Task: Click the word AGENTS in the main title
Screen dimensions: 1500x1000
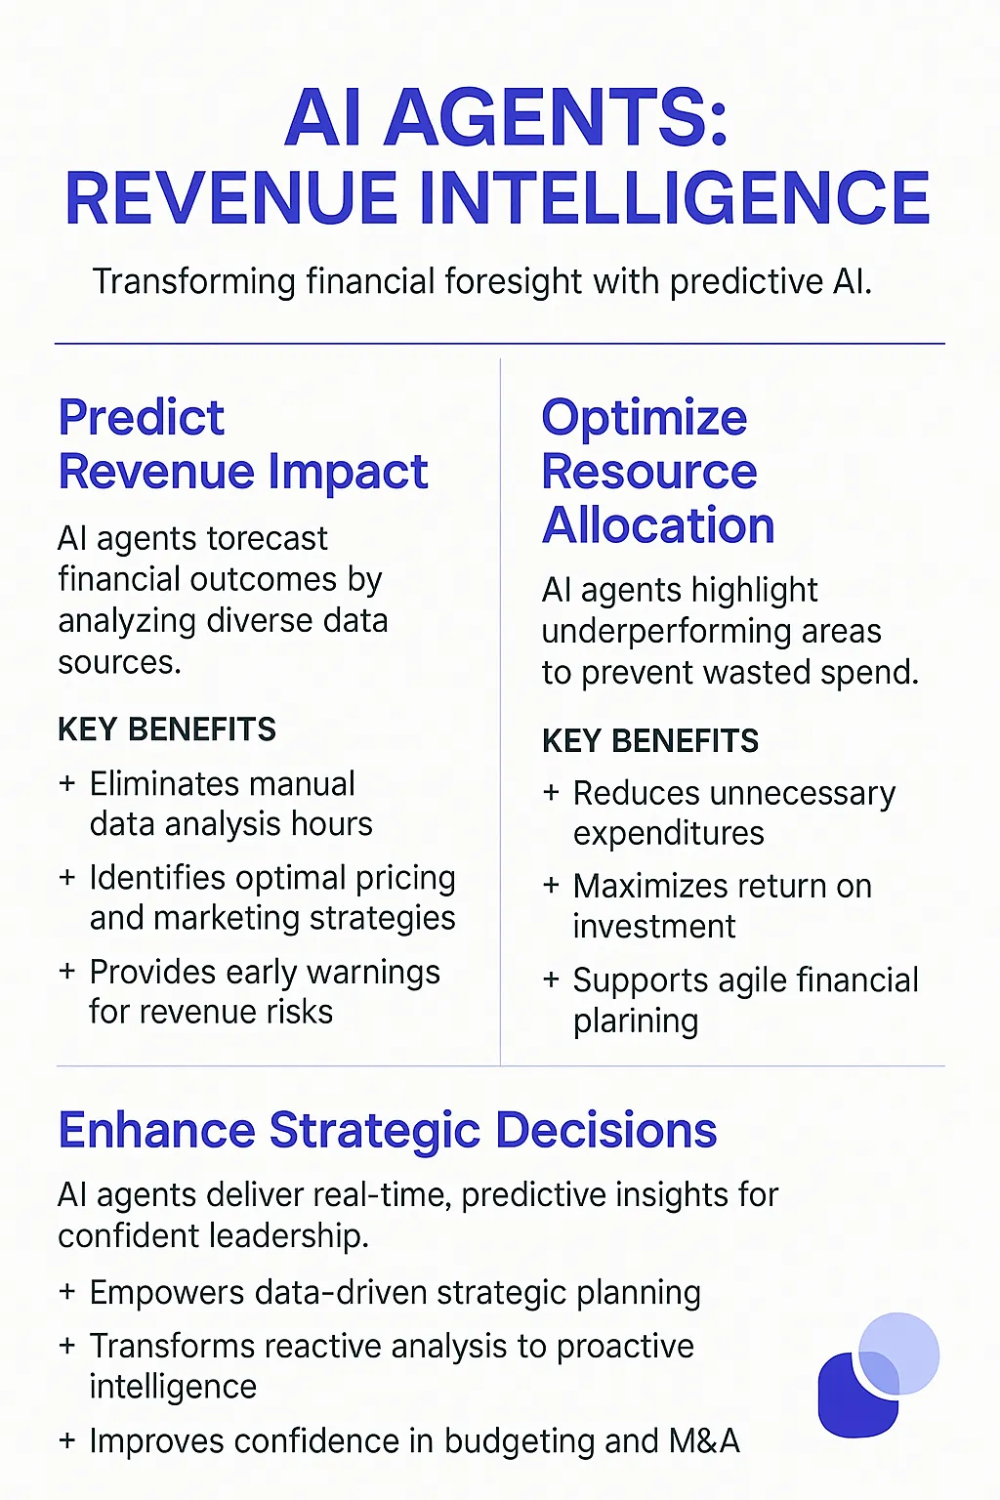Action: coord(557,118)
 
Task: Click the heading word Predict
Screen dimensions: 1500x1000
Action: coord(142,418)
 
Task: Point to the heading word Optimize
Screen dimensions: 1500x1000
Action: coord(645,418)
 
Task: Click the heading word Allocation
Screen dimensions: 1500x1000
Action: coord(658,525)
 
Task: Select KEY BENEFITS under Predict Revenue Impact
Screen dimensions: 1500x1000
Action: coord(167,729)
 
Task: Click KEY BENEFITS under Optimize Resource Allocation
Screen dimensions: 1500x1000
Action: coord(650,741)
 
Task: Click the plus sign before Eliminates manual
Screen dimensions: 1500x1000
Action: coord(67,783)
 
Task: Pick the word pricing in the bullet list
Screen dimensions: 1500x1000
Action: coord(405,878)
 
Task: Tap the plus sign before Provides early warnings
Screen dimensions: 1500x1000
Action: coord(67,972)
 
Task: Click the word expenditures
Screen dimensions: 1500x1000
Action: coord(669,833)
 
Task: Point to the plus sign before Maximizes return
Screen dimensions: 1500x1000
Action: coord(552,886)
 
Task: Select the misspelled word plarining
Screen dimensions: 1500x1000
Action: coord(636,1021)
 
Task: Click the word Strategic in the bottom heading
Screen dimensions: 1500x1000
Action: coord(375,1131)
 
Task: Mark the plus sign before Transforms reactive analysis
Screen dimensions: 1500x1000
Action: coord(67,1346)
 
